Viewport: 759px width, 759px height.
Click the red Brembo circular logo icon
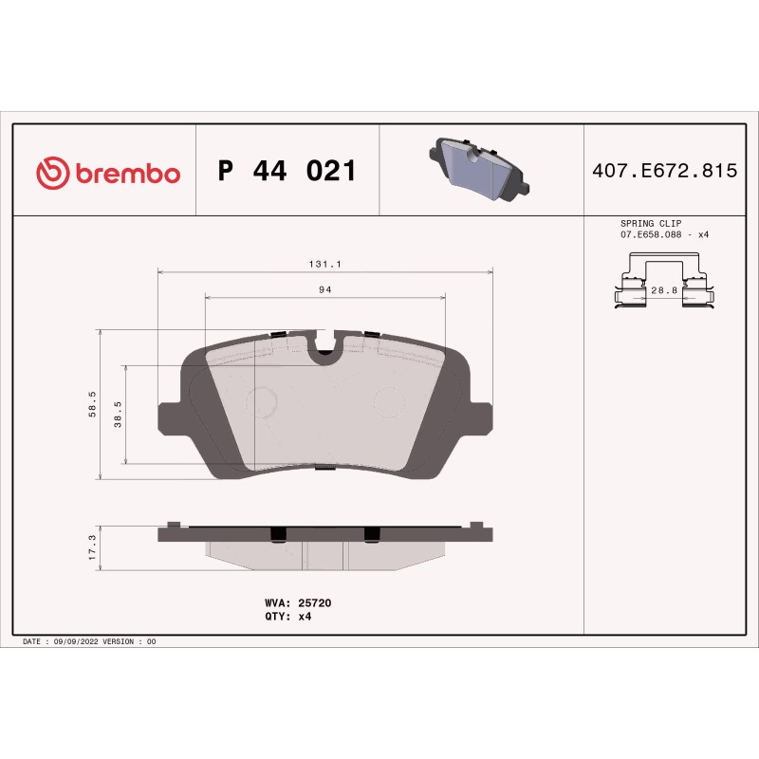pos(53,173)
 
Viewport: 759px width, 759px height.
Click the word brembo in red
pos(128,175)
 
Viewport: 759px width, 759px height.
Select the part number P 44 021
pos(287,171)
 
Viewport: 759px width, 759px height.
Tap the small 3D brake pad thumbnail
pos(479,169)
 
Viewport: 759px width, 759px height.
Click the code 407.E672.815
pos(665,171)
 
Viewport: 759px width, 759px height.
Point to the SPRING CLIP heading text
pos(651,224)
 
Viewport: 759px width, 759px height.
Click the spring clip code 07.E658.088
pos(651,234)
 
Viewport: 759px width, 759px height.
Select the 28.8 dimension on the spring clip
pos(664,290)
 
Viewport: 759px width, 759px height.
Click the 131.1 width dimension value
pos(324,265)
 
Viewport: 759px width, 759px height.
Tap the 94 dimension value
pos(325,289)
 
